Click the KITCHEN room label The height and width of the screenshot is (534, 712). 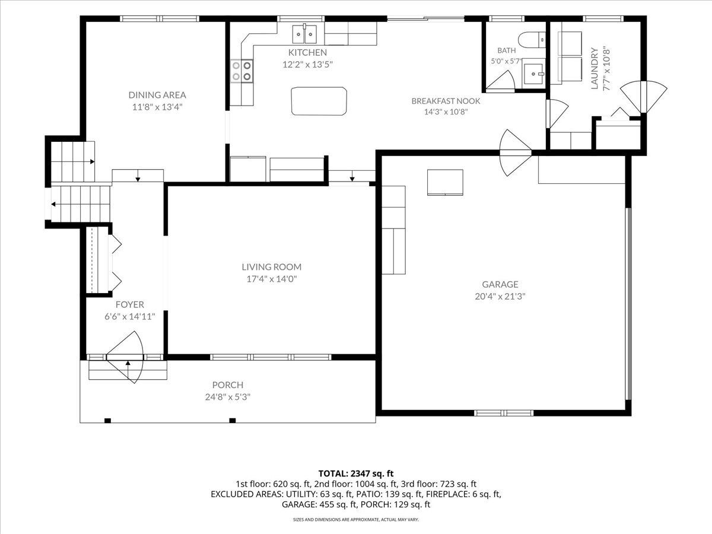pyautogui.click(x=307, y=52)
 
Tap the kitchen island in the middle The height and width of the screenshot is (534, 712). pyautogui.click(x=319, y=101)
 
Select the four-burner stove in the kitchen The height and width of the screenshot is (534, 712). pyautogui.click(x=241, y=71)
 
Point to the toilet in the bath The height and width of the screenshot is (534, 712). pyautogui.click(x=532, y=40)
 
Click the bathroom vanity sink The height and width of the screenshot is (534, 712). pyautogui.click(x=534, y=74)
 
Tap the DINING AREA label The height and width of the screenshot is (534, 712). pyautogui.click(x=157, y=95)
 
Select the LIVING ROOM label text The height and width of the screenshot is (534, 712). pyautogui.click(x=272, y=267)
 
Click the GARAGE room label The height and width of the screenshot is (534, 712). pyautogui.click(x=500, y=284)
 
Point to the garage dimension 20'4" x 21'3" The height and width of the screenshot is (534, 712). pyautogui.click(x=500, y=296)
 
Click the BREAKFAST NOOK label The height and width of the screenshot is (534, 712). pyautogui.click(x=446, y=101)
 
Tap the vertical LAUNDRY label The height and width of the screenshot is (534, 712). pyautogui.click(x=595, y=68)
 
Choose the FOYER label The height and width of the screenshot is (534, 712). pyautogui.click(x=130, y=304)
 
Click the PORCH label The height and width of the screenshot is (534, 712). pyautogui.click(x=228, y=385)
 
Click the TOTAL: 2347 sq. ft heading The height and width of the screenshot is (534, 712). pyautogui.click(x=356, y=473)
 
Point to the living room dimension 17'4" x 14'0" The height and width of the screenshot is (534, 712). pyautogui.click(x=272, y=279)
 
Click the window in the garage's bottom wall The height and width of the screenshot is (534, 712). pyautogui.click(x=504, y=413)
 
